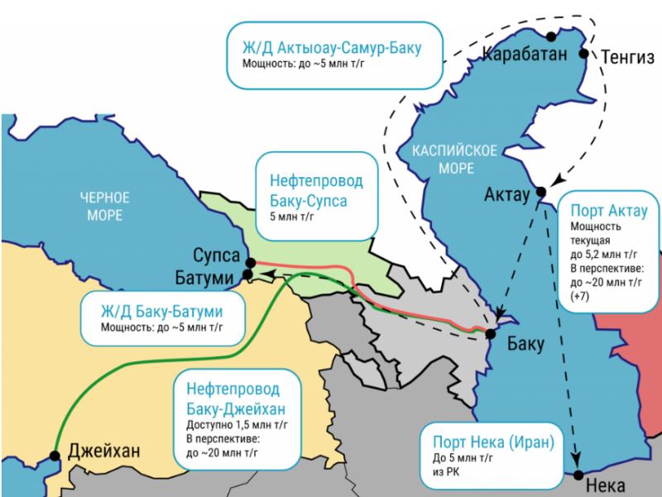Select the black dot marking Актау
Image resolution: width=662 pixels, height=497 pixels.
point(541,192)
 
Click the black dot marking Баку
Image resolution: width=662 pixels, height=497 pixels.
point(490,333)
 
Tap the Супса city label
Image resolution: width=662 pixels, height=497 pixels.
point(217,255)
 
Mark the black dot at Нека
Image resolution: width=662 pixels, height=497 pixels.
point(577,474)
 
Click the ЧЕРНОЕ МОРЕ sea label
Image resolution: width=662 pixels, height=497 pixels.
point(105,207)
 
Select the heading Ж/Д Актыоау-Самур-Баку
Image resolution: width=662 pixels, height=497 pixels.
point(331,47)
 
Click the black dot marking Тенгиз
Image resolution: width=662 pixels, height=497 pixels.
point(583,54)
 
